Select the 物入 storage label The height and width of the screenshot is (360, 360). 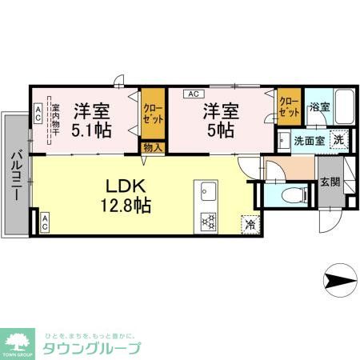pyautogui.click(x=152, y=147)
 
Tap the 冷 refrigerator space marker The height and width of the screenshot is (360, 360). pyautogui.click(x=248, y=224)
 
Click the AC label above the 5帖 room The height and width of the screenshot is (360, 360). pyautogui.click(x=193, y=94)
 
